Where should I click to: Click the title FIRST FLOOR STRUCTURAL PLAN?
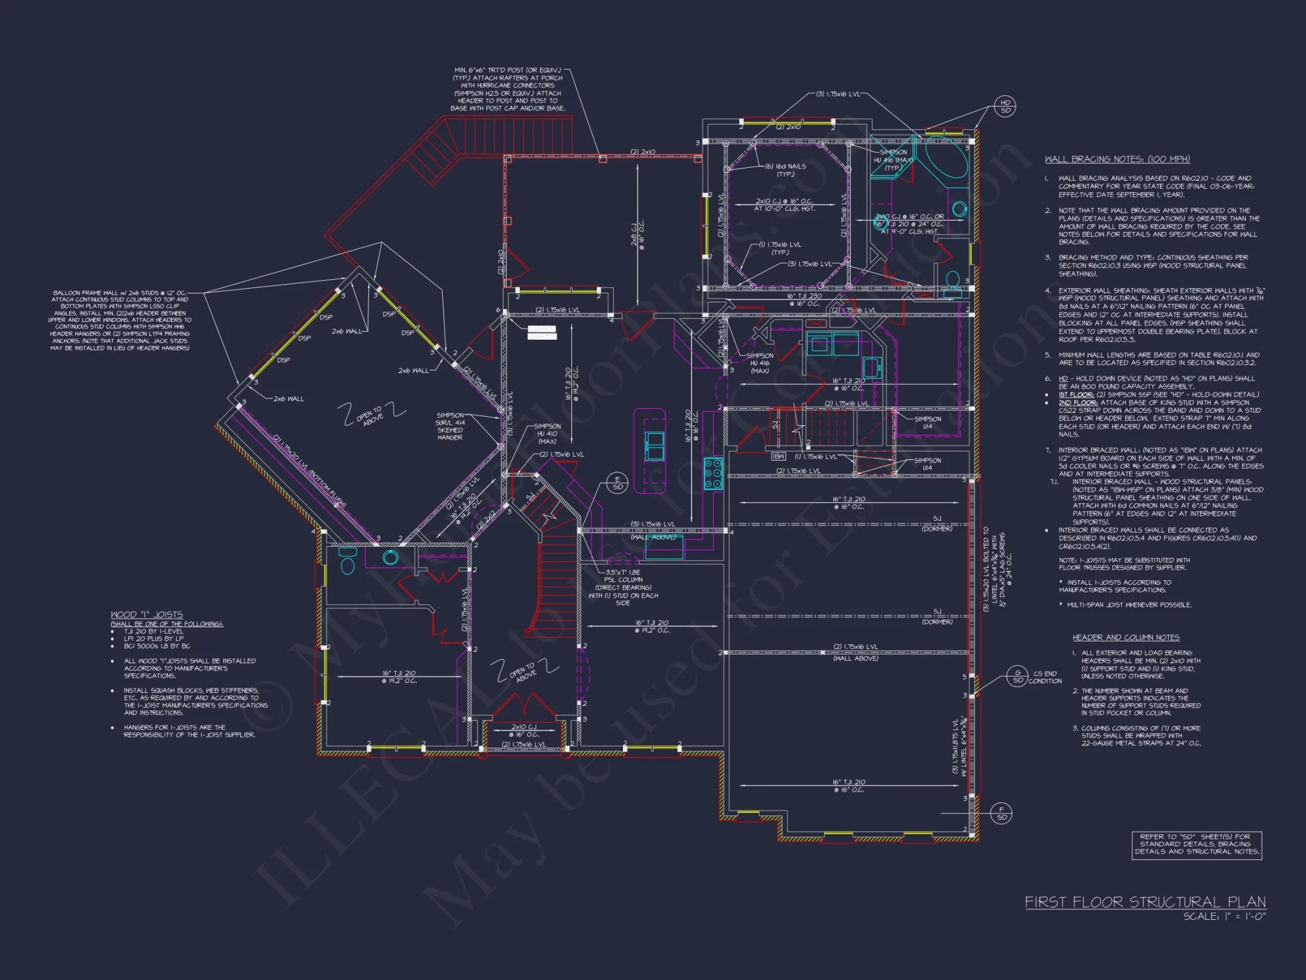(1145, 902)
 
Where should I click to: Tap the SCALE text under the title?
(1224, 917)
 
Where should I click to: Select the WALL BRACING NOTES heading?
(1117, 159)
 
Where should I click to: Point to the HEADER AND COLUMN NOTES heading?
(1126, 637)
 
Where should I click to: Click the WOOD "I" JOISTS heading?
(146, 615)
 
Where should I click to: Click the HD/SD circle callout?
(1006, 106)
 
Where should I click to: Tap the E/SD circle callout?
(617, 483)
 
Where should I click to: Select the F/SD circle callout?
(1001, 813)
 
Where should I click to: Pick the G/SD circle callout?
(1017, 676)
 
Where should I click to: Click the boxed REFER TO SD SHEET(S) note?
(1196, 844)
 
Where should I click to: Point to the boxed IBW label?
(778, 457)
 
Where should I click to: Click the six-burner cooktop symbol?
(712, 474)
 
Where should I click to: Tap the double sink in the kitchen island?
(655, 446)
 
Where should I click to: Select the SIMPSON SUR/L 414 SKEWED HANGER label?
(450, 426)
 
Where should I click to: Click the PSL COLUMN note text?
(623, 587)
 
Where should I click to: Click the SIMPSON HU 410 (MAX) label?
(547, 434)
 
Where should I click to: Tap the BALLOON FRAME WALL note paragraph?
(120, 320)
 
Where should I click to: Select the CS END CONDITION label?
(1045, 677)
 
